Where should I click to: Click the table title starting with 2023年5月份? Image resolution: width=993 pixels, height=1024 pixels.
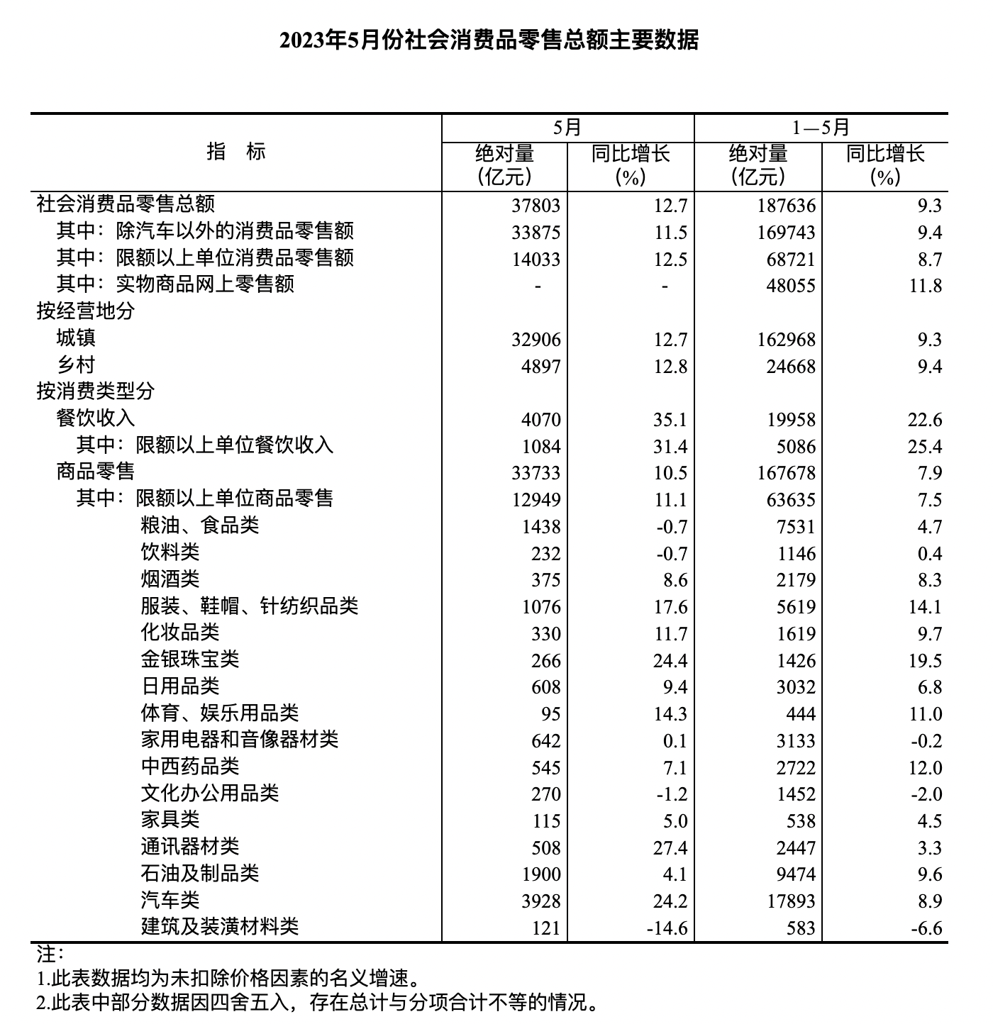pyautogui.click(x=489, y=40)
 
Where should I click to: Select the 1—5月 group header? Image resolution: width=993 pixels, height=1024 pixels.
pyautogui.click(x=821, y=128)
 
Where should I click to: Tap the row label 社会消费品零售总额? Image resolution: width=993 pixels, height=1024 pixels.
pyautogui.click(x=126, y=205)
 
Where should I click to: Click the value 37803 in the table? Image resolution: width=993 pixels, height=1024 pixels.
pyautogui.click(x=536, y=206)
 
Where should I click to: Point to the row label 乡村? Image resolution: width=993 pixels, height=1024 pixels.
pyautogui.click(x=76, y=365)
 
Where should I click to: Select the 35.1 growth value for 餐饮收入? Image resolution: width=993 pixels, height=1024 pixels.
pyautogui.click(x=670, y=420)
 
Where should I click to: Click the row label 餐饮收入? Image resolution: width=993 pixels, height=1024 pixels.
pyautogui.click(x=96, y=418)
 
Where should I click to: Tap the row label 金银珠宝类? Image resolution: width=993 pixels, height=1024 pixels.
pyautogui.click(x=189, y=660)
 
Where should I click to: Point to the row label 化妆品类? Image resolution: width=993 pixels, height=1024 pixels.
pyautogui.click(x=180, y=633)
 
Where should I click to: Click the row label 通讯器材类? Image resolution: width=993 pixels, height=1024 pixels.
pyautogui.click(x=189, y=847)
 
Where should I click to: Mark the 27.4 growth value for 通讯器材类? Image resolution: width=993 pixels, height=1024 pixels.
pyautogui.click(x=670, y=848)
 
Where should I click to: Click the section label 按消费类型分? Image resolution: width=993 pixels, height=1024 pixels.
pyautogui.click(x=96, y=391)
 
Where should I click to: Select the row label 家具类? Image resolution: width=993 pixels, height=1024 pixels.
pyautogui.click(x=170, y=820)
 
